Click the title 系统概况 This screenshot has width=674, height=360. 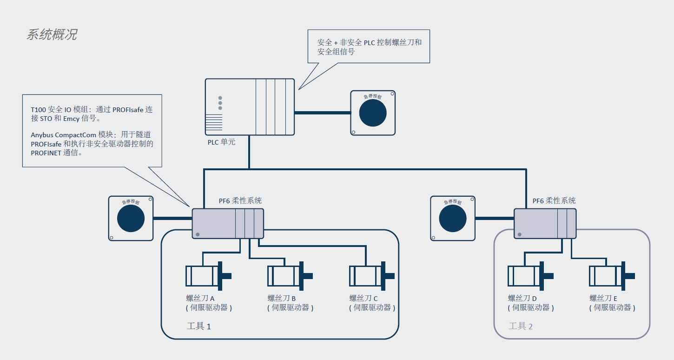(52, 35)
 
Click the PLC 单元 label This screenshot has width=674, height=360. (221, 142)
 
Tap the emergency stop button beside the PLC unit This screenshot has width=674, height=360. (373, 113)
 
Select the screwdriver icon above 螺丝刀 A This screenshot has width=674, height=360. (208, 276)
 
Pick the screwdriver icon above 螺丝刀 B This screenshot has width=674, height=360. (290, 276)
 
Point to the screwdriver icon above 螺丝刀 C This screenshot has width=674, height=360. (372, 276)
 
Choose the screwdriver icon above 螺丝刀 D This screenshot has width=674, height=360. (530, 276)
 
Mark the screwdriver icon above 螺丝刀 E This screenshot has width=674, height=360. (612, 276)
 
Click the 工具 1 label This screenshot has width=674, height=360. (198, 326)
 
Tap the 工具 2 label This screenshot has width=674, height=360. (521, 326)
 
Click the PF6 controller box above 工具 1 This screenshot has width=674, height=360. (228, 224)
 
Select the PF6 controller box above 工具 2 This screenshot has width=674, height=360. (545, 224)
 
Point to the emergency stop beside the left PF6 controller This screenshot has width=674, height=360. (131, 218)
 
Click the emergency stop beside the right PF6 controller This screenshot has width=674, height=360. (453, 218)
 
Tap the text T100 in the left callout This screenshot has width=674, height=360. (38, 110)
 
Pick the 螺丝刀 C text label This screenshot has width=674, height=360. (363, 298)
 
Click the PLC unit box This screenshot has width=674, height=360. (250, 107)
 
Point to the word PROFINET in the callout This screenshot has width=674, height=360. (46, 153)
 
